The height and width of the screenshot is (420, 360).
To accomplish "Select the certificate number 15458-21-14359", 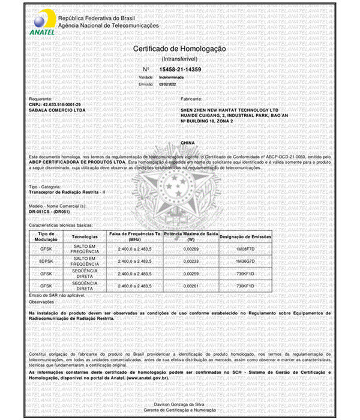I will (180, 70).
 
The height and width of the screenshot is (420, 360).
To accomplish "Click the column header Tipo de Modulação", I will (46, 236).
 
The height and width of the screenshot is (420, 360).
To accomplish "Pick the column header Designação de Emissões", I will (245, 236).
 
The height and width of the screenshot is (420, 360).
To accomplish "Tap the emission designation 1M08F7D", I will (245, 248).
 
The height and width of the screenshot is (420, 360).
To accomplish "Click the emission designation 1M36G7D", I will (245, 262).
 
